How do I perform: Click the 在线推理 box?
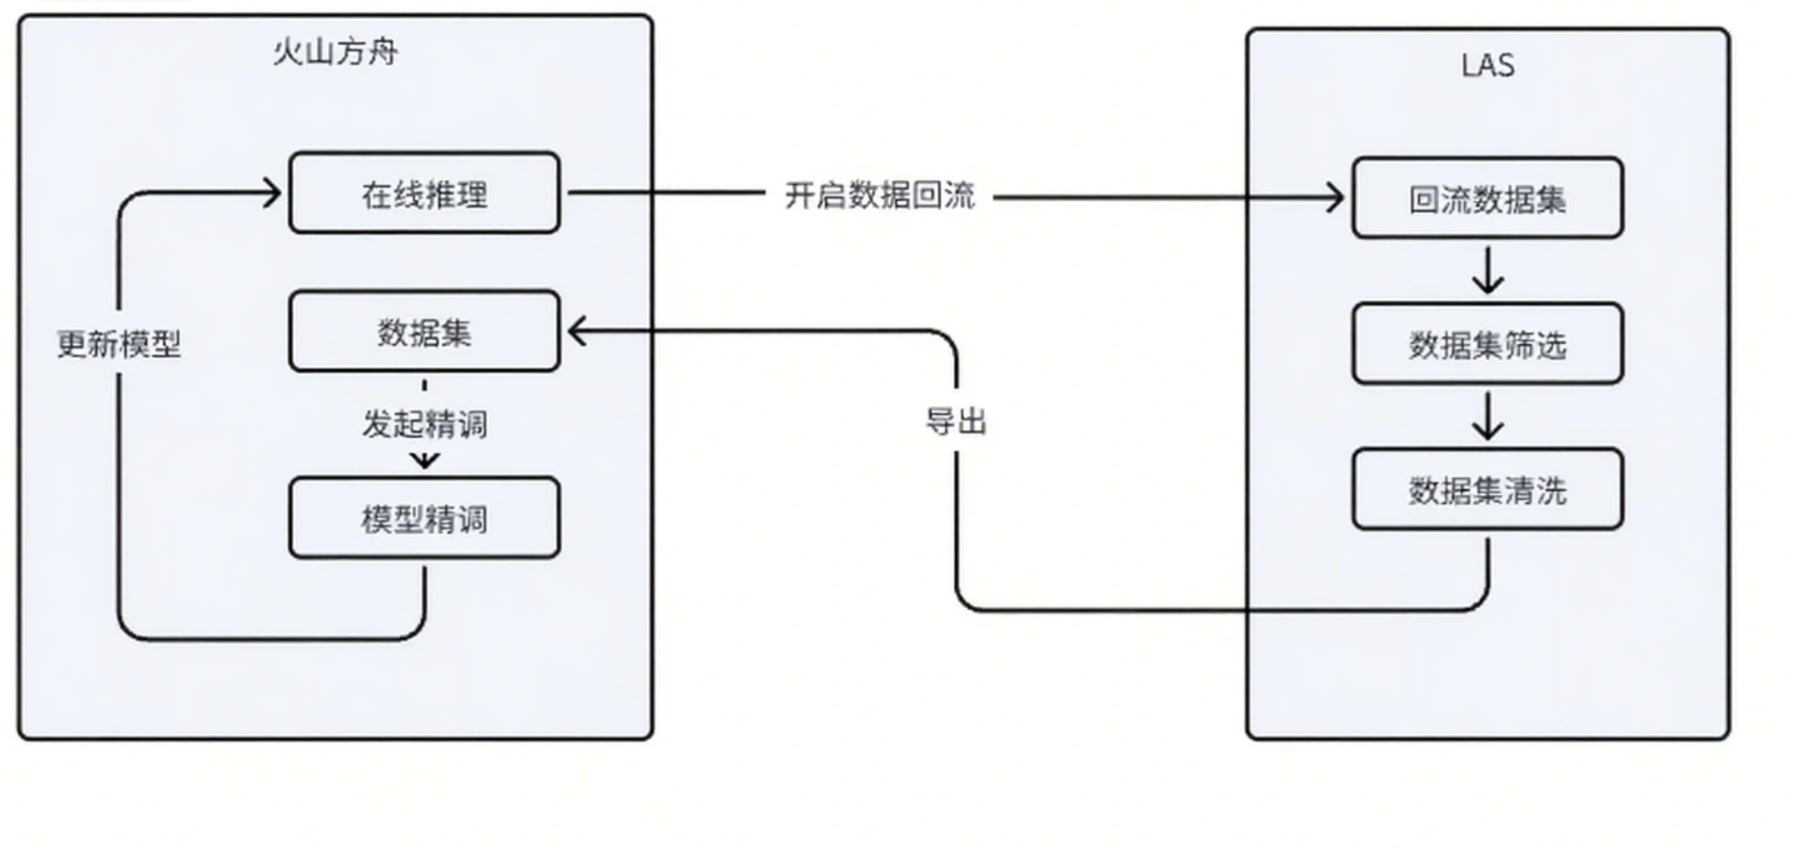pyautogui.click(x=424, y=193)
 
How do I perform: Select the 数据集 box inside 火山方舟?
pyautogui.click(x=424, y=332)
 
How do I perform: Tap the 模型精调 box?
pyautogui.click(x=424, y=518)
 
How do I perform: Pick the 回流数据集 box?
pyautogui.click(x=1487, y=198)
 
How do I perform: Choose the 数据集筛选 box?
pyautogui.click(x=1487, y=343)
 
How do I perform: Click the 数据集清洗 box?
pyautogui.click(x=1487, y=489)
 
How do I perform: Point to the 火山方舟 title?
pyautogui.click(x=335, y=52)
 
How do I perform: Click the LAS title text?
pyautogui.click(x=1487, y=65)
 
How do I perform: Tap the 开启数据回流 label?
pyautogui.click(x=879, y=196)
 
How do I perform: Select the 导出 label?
pyautogui.click(x=955, y=421)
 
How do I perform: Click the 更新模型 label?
pyautogui.click(x=119, y=343)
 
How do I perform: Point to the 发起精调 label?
pyautogui.click(x=424, y=424)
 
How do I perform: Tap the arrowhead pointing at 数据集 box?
pyautogui.click(x=576, y=332)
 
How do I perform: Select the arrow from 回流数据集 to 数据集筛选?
pyautogui.click(x=1488, y=271)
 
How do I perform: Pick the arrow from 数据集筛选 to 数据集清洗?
pyautogui.click(x=1488, y=416)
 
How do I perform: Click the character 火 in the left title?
pyautogui.click(x=287, y=52)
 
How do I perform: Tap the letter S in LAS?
pyautogui.click(x=1505, y=65)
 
